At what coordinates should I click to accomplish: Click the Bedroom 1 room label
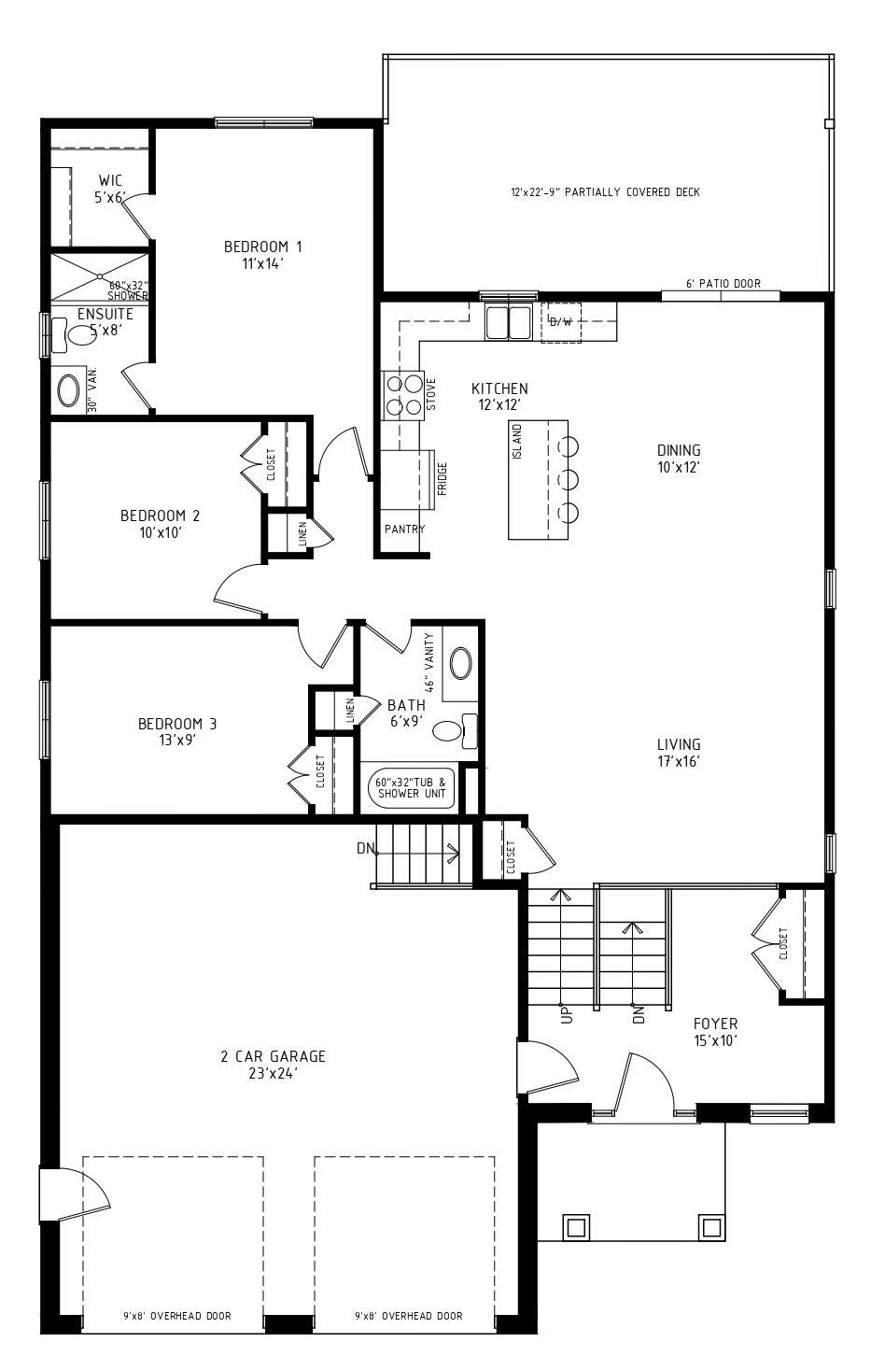click(263, 255)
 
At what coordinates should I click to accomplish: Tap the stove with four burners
click(403, 395)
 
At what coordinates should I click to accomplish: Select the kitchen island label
click(518, 442)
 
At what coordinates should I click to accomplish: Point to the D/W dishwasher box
click(560, 321)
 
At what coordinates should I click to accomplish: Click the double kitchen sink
click(508, 321)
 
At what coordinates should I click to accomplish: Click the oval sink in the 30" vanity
click(68, 390)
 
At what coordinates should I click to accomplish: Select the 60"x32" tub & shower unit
click(412, 788)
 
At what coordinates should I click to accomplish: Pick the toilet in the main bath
click(456, 731)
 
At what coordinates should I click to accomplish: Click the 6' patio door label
click(723, 284)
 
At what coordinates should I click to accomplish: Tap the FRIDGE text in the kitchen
click(442, 479)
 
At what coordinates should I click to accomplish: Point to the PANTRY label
click(404, 529)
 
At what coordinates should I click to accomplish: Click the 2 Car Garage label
click(273, 1065)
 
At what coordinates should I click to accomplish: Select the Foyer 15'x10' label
click(716, 1032)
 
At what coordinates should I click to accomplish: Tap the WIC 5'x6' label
click(110, 189)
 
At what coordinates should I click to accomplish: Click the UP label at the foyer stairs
click(568, 1015)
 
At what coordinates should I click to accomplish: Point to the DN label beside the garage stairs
click(366, 848)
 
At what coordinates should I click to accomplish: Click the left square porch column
click(576, 1227)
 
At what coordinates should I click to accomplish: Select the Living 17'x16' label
click(679, 753)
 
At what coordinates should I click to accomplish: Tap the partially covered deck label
click(605, 192)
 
